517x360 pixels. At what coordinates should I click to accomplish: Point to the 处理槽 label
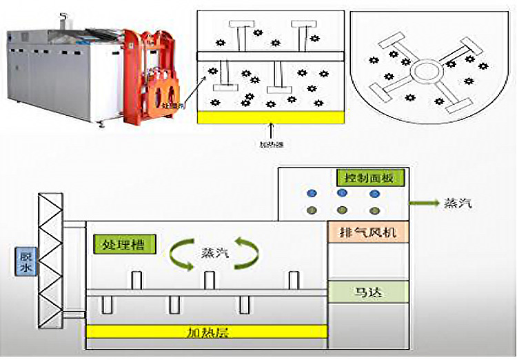point(125,244)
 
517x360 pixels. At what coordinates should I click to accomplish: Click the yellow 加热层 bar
point(206,332)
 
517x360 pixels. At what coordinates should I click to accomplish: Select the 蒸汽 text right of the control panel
point(458,203)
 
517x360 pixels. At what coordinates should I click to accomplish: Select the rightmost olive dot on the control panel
point(374,210)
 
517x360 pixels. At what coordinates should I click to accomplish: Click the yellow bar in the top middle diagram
point(270,117)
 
